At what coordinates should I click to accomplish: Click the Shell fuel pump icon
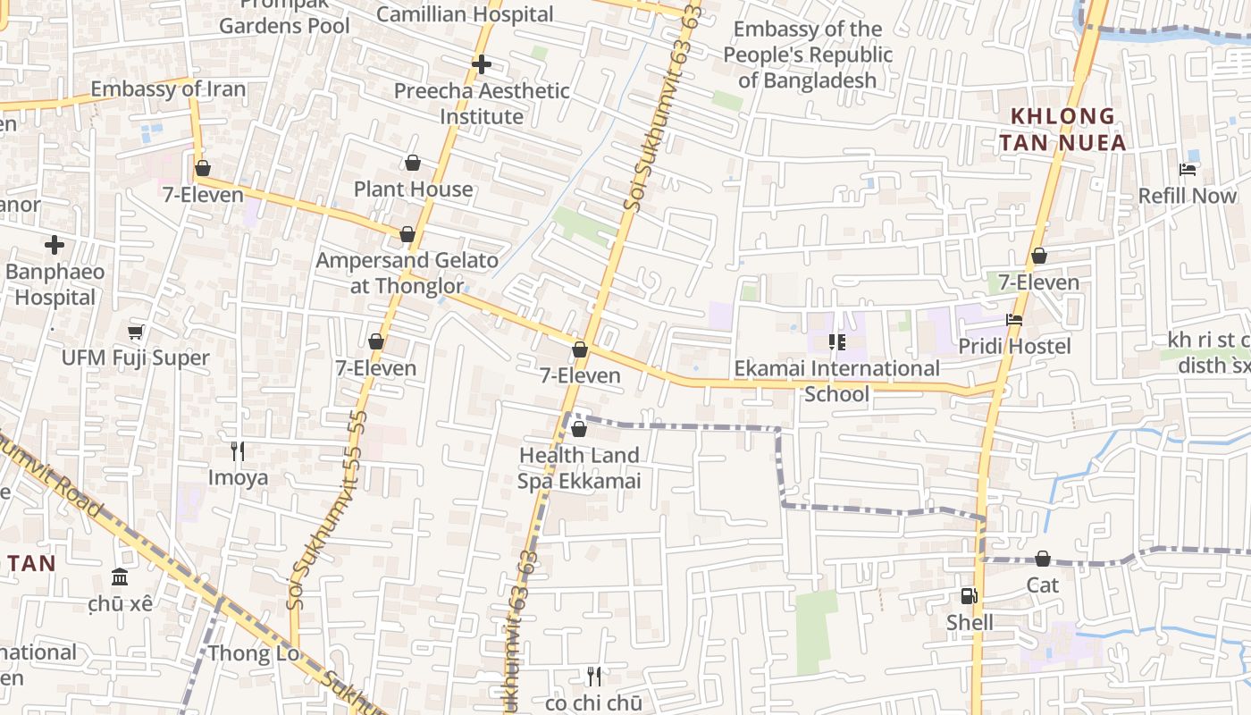[x=969, y=596]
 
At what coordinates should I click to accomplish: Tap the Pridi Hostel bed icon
[x=1014, y=319]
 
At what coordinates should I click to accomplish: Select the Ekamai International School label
[x=836, y=381]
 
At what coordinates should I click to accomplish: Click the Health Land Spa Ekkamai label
[x=579, y=468]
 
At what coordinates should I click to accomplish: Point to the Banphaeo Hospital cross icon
[x=55, y=244]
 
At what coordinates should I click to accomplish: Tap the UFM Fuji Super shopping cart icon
[x=136, y=332]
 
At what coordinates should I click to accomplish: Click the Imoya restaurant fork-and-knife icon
[x=238, y=451]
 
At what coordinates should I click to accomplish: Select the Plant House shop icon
[x=413, y=163]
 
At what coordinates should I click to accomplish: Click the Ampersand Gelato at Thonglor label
[x=407, y=273]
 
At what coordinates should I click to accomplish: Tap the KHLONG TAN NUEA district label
[x=1062, y=129]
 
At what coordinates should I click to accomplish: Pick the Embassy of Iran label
[x=168, y=89]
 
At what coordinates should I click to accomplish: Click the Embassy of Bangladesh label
[x=808, y=55]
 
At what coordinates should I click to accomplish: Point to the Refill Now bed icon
[x=1188, y=170]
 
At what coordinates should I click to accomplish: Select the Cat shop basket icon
[x=1043, y=559]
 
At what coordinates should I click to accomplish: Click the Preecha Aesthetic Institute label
[x=482, y=104]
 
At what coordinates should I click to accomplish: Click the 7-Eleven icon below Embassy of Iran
[x=203, y=168]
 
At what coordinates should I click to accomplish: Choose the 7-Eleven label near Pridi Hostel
[x=1038, y=282]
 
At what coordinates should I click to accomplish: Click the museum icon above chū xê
[x=120, y=577]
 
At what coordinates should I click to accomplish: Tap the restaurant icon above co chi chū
[x=593, y=677]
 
